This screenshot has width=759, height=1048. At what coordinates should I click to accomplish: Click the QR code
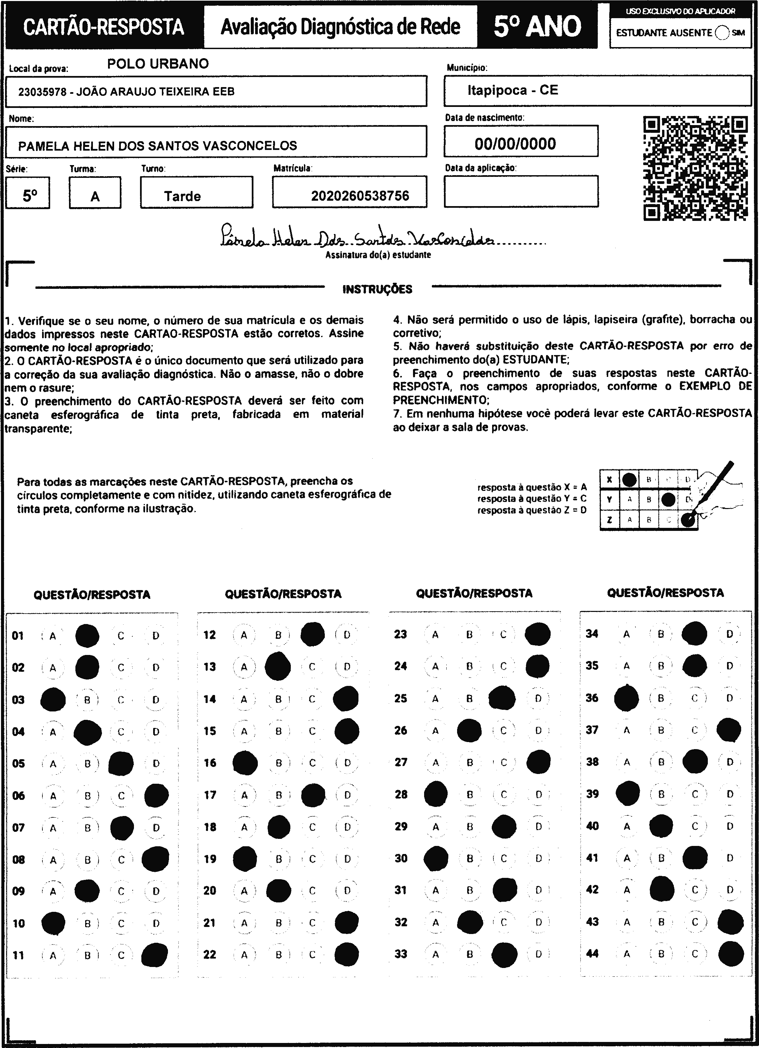point(695,168)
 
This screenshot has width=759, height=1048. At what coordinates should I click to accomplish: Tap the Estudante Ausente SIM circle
point(722,33)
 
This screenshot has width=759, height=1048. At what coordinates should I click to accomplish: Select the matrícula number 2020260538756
point(360,196)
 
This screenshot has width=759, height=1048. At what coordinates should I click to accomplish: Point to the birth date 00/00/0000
point(515,144)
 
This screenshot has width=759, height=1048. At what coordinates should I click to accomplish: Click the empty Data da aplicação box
point(521,191)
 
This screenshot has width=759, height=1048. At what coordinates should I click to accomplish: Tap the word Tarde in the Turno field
point(182,196)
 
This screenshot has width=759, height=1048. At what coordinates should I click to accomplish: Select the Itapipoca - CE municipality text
point(513,90)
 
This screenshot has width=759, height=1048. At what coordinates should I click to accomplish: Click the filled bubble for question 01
point(87,636)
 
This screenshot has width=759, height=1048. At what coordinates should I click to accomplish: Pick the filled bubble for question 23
point(538,634)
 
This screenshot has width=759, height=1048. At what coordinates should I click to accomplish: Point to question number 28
point(401,794)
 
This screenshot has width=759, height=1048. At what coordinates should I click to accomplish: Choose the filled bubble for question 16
point(245,763)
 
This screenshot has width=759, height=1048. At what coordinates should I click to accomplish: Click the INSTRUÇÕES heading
point(377,290)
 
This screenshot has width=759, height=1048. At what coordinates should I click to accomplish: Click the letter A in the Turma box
point(95,197)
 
